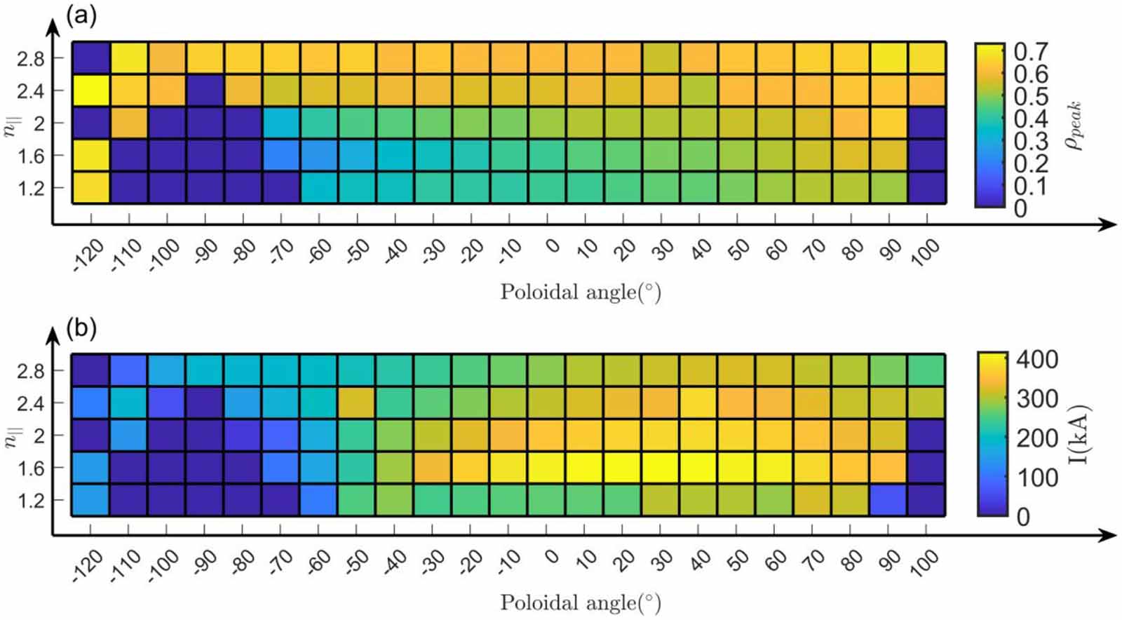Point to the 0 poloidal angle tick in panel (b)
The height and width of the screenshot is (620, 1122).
[552, 557]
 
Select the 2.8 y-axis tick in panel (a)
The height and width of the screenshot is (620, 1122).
[30, 59]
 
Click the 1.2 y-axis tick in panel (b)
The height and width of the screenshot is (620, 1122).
[30, 501]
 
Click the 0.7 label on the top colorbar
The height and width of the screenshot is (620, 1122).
[1031, 51]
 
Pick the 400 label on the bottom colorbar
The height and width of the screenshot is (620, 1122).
[1036, 360]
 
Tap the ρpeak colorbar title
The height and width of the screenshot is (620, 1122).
[1074, 125]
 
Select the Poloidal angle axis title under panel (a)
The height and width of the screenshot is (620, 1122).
[580, 292]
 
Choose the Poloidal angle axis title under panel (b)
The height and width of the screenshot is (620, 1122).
[580, 602]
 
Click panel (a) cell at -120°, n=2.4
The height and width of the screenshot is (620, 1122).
[91, 90]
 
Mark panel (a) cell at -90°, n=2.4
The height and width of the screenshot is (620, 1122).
[205, 90]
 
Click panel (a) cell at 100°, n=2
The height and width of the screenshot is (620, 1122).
[926, 123]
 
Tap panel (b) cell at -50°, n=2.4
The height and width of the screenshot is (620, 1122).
[356, 403]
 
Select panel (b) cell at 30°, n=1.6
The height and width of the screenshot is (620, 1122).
[659, 467]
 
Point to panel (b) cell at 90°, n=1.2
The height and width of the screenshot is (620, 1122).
[888, 499]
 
